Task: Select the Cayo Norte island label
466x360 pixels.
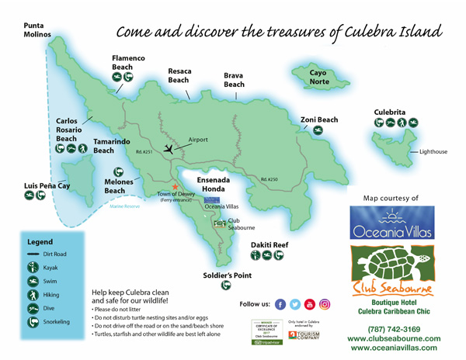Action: tap(309, 77)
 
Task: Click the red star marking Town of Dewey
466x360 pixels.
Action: tap(176, 187)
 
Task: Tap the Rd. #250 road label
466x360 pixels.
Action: tap(269, 179)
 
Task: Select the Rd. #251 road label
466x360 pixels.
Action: tap(144, 151)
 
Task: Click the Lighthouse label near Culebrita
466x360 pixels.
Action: tap(433, 152)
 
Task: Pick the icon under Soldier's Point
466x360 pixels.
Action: tap(226, 286)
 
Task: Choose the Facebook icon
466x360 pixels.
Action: tap(280, 304)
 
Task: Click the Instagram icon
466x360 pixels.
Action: tap(325, 304)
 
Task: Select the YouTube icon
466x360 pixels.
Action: tap(310, 304)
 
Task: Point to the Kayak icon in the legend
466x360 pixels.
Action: tap(33, 268)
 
